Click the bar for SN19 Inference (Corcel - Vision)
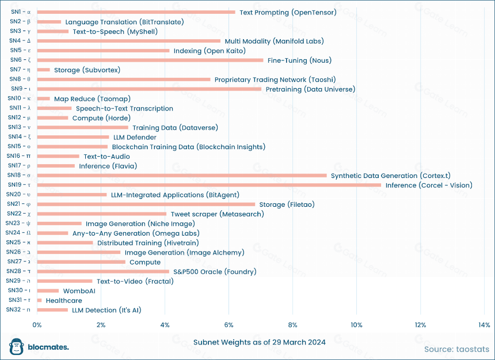[x=209, y=185]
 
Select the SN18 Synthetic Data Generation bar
[x=182, y=175]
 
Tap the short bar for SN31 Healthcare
[x=39, y=300]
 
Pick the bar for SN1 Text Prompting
[x=136, y=12]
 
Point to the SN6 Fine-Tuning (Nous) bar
[x=150, y=60]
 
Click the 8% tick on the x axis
[x=292, y=325]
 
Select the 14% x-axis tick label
[x=484, y=325]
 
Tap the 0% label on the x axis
[x=37, y=325]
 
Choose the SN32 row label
[x=18, y=309]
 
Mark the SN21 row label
[x=18, y=204]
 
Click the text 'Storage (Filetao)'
[x=287, y=204]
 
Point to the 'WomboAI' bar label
[x=79, y=291]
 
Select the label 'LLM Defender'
[x=135, y=137]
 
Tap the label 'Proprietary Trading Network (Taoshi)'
[x=275, y=79]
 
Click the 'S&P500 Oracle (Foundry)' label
[x=215, y=272]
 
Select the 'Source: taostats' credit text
[x=457, y=349]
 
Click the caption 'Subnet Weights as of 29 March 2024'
[x=260, y=342]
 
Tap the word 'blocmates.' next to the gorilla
[x=48, y=347]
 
